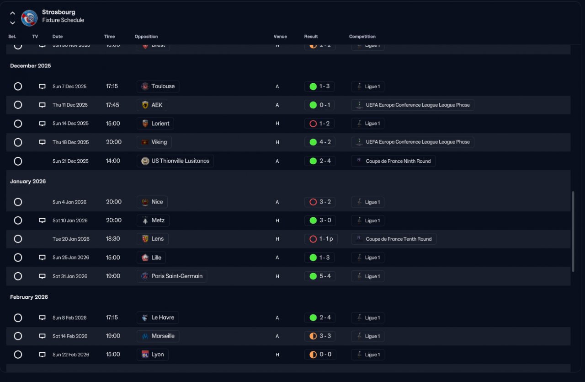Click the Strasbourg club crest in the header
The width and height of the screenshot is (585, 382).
[x=29, y=17]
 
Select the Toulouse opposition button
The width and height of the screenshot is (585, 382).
[x=158, y=86]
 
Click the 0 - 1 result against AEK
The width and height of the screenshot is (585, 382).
[x=320, y=105]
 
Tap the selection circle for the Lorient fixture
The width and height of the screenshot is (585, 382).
[x=18, y=124]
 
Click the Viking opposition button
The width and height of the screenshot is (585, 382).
[x=154, y=142]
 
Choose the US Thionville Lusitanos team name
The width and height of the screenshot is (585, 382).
[x=175, y=161]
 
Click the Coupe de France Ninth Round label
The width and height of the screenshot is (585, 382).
[x=393, y=161]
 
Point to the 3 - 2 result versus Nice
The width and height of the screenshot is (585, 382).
[x=320, y=202]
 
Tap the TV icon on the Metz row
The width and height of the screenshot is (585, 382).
[x=42, y=221]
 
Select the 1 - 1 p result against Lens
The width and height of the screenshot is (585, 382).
[x=321, y=239]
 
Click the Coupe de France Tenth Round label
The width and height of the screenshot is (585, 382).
[x=394, y=239]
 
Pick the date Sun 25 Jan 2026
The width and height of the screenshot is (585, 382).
[x=70, y=258]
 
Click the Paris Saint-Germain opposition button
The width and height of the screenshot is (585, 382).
[x=172, y=276]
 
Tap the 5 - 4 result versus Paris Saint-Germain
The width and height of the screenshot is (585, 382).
[x=320, y=276]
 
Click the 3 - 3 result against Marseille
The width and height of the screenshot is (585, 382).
[x=320, y=336]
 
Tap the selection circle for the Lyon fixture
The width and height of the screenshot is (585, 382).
[x=18, y=355]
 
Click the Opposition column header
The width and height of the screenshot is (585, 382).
[x=146, y=37]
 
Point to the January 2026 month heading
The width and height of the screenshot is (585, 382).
[x=28, y=182]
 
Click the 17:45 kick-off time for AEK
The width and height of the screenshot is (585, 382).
[x=112, y=105]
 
